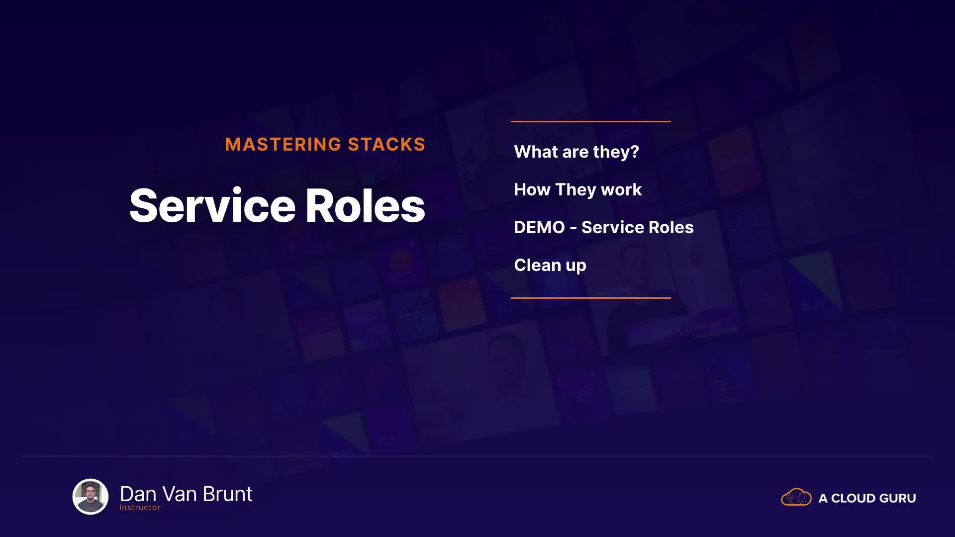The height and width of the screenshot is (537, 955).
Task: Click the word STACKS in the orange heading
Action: (386, 144)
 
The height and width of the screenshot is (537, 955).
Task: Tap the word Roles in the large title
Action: (365, 205)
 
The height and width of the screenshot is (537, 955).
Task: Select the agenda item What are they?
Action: (576, 152)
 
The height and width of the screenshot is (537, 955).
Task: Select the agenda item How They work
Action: (577, 189)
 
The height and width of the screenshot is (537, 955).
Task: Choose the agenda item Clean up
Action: (550, 265)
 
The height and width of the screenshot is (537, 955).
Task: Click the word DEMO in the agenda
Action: (539, 227)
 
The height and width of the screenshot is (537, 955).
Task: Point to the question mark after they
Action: (635, 151)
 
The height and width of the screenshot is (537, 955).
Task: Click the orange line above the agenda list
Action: (591, 121)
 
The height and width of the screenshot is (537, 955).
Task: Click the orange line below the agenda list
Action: (591, 298)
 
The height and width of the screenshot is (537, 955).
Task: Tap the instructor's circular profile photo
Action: (91, 496)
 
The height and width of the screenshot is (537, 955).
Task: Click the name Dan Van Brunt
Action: (186, 494)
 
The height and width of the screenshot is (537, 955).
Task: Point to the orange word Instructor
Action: (140, 508)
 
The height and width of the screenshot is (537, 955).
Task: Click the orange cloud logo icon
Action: (796, 497)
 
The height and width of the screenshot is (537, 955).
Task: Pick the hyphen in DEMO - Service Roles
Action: (573, 228)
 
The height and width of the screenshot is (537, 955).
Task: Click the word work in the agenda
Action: (621, 189)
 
